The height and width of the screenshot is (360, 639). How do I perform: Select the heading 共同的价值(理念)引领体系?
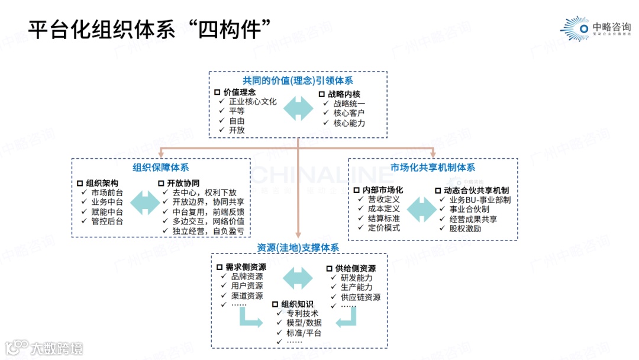click(298, 81)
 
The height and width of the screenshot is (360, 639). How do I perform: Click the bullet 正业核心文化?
click(253, 101)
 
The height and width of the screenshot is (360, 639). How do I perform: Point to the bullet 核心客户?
click(349, 113)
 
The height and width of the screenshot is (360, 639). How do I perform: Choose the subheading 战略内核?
click(344, 94)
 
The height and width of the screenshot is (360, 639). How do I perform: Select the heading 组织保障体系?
click(161, 168)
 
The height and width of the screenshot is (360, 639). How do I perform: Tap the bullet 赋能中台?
click(107, 211)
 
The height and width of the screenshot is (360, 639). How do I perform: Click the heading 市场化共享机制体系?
click(433, 168)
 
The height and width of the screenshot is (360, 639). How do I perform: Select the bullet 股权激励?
click(465, 228)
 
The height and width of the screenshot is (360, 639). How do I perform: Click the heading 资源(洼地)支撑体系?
click(298, 247)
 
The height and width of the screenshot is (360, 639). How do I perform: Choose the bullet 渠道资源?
click(247, 295)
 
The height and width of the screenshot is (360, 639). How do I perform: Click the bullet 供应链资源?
click(360, 297)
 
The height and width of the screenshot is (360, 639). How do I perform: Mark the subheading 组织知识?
click(297, 304)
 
